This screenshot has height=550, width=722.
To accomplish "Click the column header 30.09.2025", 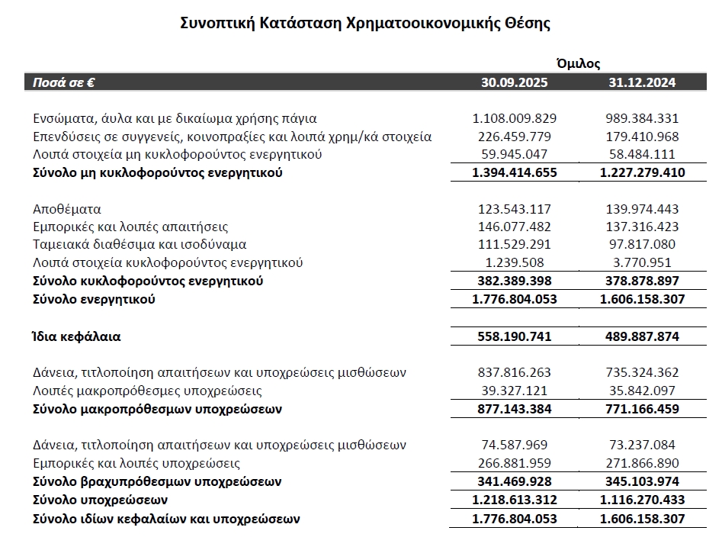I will click(515, 82).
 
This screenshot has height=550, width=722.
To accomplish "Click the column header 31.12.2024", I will click(641, 82).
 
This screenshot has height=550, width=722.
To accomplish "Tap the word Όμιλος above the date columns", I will click(578, 63).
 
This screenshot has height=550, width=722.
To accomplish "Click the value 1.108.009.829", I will click(515, 118).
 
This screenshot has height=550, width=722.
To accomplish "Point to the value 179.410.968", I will click(641, 137).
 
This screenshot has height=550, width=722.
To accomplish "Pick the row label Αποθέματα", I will click(67, 209).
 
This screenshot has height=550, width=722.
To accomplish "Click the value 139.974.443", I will click(641, 209).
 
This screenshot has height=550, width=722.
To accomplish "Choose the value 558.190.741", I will click(515, 336).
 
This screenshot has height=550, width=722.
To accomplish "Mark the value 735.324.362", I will click(641, 372).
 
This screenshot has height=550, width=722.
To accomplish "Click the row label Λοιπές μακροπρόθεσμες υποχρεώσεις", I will click(148, 391).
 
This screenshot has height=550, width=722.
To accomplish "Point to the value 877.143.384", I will click(515, 409).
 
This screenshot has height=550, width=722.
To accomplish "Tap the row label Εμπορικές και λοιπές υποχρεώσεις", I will click(137, 463).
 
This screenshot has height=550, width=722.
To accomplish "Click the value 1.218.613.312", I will click(515, 500).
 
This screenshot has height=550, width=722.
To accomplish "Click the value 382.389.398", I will click(515, 281).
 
